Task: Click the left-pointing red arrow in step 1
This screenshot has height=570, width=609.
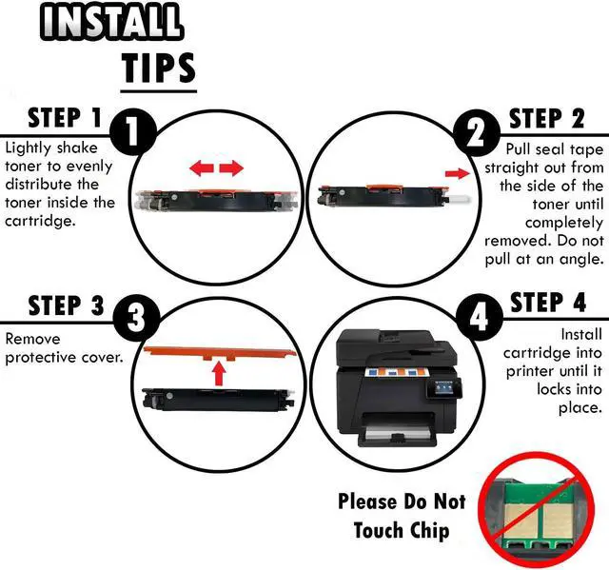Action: point(201,169)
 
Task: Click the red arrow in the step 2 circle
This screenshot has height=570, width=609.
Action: point(458,174)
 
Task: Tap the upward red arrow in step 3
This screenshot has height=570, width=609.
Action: point(218,371)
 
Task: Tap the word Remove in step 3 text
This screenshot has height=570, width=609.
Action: point(32,339)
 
